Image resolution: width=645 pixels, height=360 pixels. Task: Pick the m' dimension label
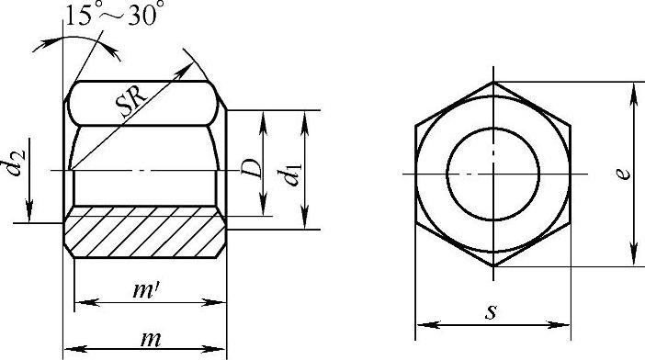(x=146, y=290)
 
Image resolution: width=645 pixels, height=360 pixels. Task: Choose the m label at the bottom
(x=150, y=339)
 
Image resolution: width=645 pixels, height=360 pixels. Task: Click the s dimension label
(x=491, y=312)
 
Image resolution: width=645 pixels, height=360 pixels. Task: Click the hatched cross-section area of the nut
(x=145, y=231)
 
